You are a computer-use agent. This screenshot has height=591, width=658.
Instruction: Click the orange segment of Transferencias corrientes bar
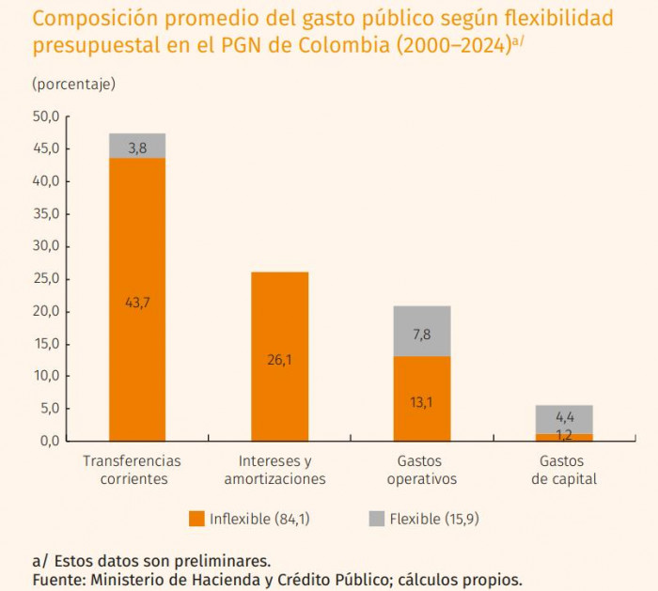click(x=137, y=282)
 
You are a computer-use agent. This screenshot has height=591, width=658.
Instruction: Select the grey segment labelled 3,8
click(x=137, y=146)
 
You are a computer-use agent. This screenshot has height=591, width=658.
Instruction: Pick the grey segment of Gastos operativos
click(x=421, y=331)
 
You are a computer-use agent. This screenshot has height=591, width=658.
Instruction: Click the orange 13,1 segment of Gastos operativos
click(x=421, y=398)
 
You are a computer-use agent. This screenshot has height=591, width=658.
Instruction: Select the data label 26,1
click(x=279, y=359)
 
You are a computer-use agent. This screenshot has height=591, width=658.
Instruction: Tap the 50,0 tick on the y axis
click(x=46, y=117)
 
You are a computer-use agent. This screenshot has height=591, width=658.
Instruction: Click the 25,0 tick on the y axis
click(x=46, y=278)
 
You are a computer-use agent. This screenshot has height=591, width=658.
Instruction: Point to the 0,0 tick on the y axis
click(x=49, y=441)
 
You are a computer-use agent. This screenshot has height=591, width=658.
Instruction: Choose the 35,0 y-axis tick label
click(x=46, y=213)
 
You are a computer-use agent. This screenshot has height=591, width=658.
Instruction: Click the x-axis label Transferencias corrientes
click(x=132, y=470)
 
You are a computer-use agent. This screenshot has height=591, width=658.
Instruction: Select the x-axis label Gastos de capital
click(x=563, y=470)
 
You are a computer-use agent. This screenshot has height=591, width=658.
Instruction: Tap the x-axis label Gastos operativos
click(x=421, y=470)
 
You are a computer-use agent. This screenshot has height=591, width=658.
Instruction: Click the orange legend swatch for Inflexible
click(x=196, y=519)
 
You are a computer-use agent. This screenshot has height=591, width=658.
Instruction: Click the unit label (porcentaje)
click(x=73, y=84)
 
